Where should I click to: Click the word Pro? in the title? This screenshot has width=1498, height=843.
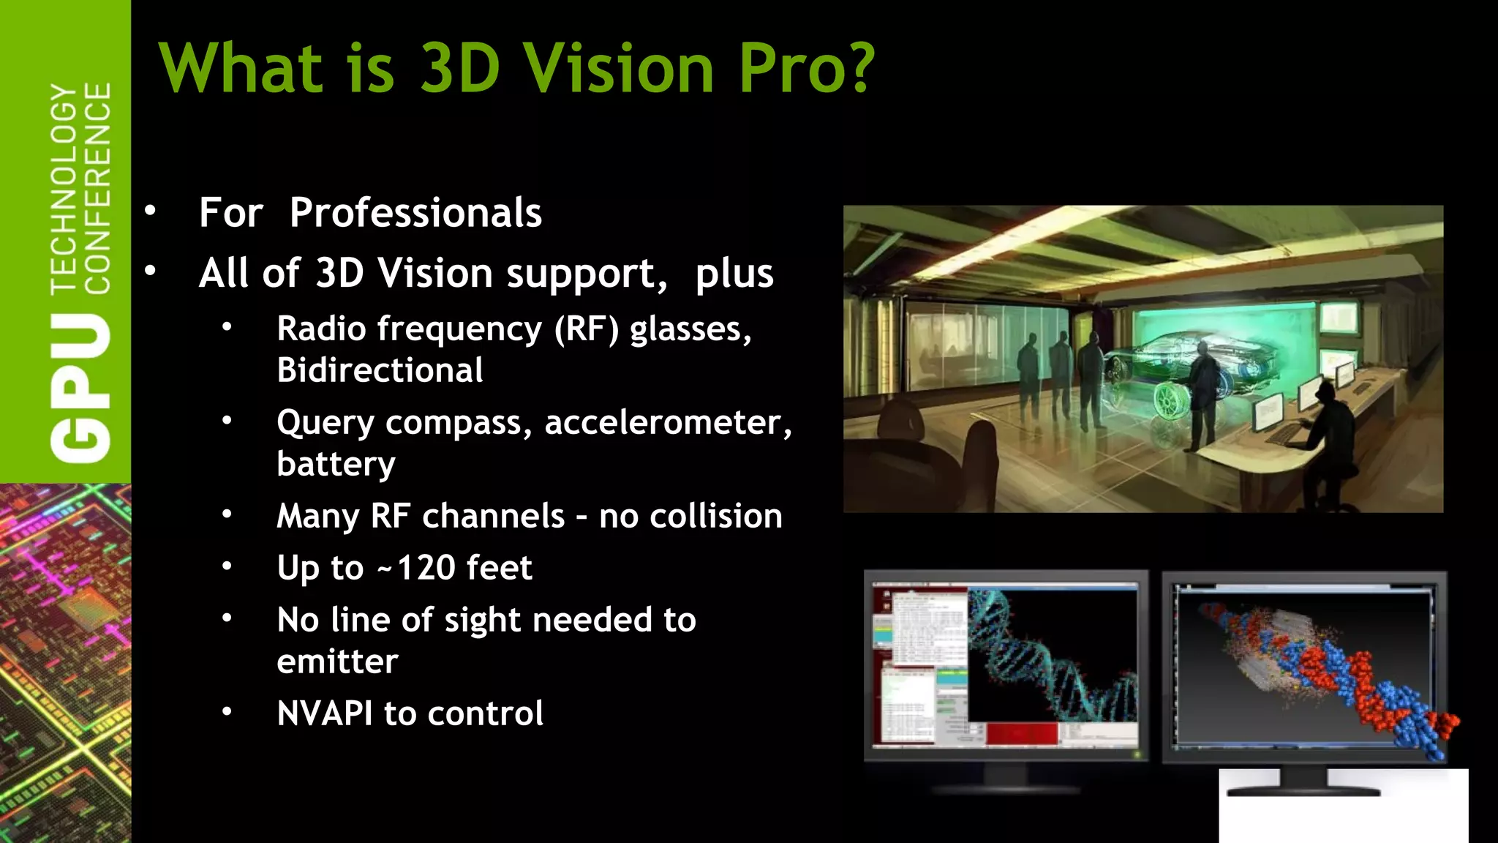click(x=806, y=68)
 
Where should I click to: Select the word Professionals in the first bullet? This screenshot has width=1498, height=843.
click(x=415, y=213)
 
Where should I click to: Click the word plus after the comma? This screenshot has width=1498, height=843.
click(x=734, y=274)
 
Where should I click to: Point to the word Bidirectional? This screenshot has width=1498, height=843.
click(x=380, y=370)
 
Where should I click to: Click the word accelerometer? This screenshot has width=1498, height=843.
click(x=667, y=422)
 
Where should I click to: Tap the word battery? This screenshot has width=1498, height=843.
click(x=336, y=464)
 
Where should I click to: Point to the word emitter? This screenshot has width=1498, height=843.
click(x=337, y=662)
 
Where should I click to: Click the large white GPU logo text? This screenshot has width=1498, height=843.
click(x=80, y=388)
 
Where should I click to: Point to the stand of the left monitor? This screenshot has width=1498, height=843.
click(x=1006, y=777)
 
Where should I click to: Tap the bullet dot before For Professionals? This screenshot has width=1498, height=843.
click(x=151, y=211)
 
